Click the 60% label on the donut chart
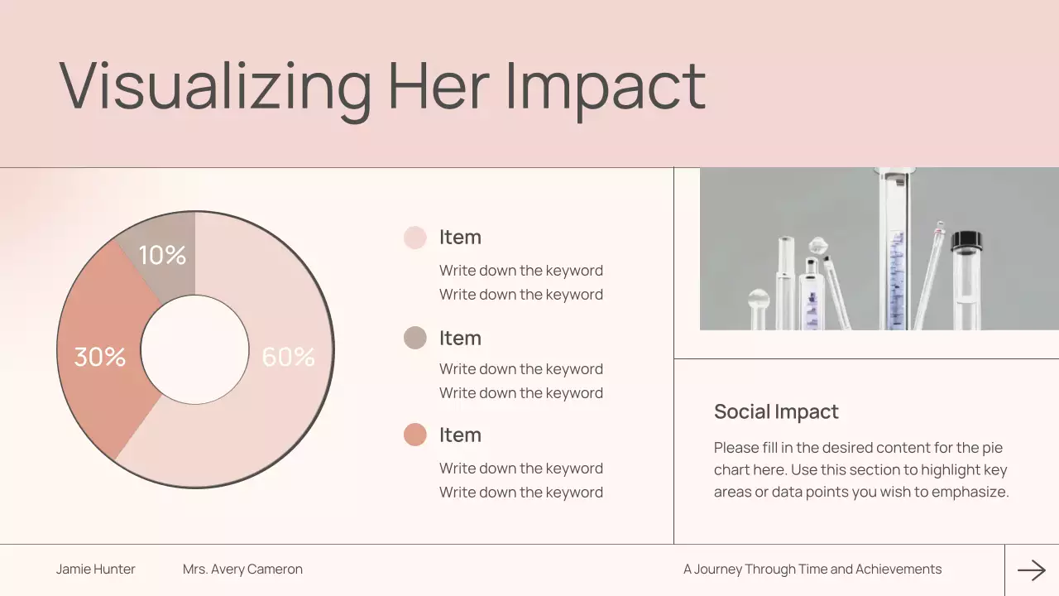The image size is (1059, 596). click(x=288, y=357)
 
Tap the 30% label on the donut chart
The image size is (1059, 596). click(x=100, y=357)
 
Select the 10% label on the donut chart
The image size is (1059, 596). click(x=162, y=255)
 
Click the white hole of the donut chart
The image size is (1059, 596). click(x=195, y=349)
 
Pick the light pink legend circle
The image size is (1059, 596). click(x=415, y=238)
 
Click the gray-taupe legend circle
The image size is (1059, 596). click(x=415, y=338)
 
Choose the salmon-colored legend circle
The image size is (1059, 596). click(x=415, y=435)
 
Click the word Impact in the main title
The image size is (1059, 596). click(x=605, y=85)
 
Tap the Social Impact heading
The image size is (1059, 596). click(x=776, y=411)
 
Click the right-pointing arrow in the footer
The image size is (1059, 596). click(x=1032, y=570)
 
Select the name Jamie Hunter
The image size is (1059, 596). click(x=96, y=570)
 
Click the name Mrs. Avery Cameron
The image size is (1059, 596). click(x=242, y=570)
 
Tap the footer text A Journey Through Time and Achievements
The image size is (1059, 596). click(x=812, y=570)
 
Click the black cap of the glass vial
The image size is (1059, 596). click(x=966, y=242)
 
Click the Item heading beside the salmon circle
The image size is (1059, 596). click(x=460, y=435)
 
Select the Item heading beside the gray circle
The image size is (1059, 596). click(x=460, y=338)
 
